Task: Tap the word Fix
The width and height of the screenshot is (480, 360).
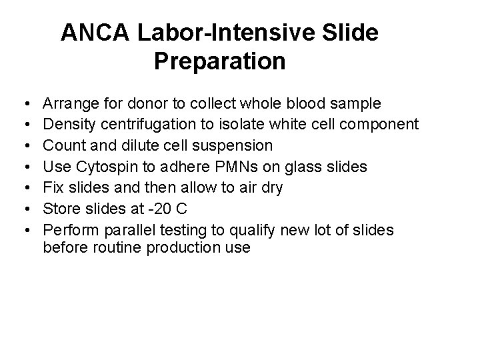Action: tap(53, 187)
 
